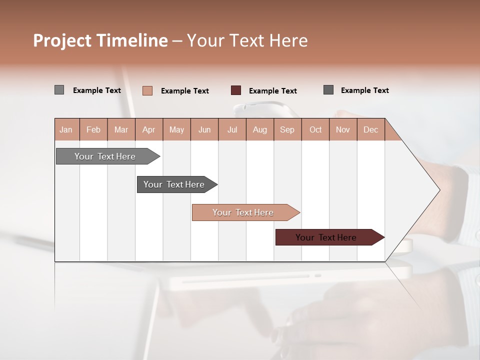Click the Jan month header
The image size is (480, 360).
point(66,129)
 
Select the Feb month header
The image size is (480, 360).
point(93,129)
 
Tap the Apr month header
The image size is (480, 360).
point(149,129)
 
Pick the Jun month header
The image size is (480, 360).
point(204,129)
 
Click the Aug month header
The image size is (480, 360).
point(260,129)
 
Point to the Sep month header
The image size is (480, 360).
point(287,129)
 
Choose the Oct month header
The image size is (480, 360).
point(315,129)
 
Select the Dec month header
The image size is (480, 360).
point(371,129)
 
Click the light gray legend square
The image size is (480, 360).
point(59,90)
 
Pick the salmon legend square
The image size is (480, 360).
point(147,90)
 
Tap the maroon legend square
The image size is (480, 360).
point(236,90)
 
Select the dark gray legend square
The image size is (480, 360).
point(328,90)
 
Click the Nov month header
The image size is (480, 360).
point(343,129)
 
